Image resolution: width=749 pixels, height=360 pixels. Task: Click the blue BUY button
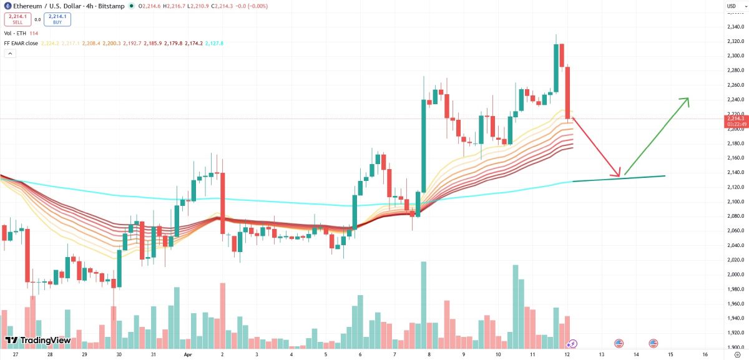(58, 19)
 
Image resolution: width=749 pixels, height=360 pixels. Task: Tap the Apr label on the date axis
(187, 354)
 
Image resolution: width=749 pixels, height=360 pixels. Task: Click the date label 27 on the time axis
(15, 354)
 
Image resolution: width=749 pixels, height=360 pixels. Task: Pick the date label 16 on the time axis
(705, 354)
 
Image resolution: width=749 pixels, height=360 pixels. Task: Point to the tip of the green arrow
(688, 98)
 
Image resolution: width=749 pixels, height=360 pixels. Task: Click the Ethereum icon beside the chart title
(7, 6)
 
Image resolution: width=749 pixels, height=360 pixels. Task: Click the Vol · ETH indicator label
(16, 34)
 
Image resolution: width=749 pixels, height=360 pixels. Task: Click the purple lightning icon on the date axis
(572, 343)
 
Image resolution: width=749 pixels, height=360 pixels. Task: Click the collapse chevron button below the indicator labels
(9, 54)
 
